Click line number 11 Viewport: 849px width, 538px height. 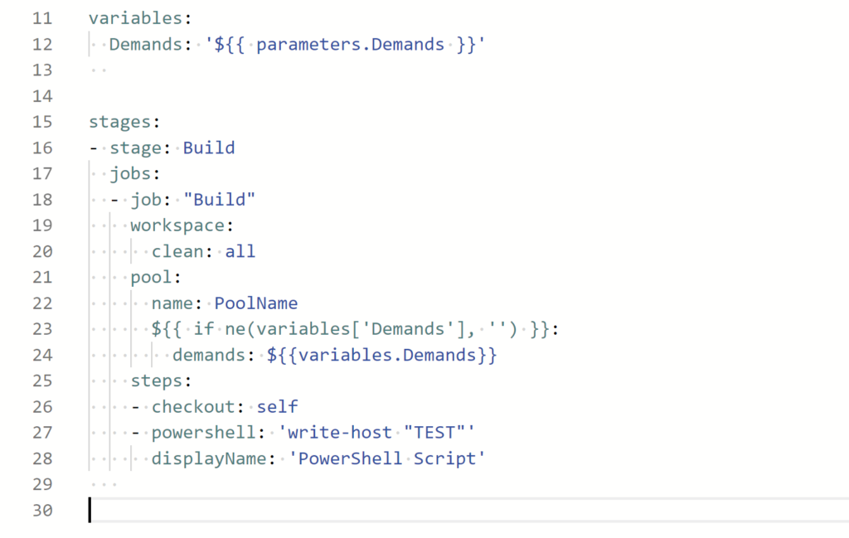pyautogui.click(x=41, y=18)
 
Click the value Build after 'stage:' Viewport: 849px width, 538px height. pyautogui.click(x=209, y=148)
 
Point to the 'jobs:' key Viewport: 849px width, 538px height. pyautogui.click(x=135, y=173)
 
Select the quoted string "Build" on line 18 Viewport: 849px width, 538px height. pyautogui.click(x=219, y=199)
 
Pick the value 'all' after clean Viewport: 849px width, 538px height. pyautogui.click(x=240, y=250)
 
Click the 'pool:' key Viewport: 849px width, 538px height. pyautogui.click(x=156, y=276)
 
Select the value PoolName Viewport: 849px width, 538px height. pyautogui.click(x=256, y=303)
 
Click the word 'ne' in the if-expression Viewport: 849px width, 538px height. pyautogui.click(x=235, y=328)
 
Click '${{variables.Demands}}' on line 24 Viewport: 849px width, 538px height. pyautogui.click(x=381, y=355)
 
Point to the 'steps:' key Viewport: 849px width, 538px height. pyautogui.click(x=161, y=380)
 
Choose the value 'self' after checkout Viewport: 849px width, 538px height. pyautogui.click(x=277, y=406)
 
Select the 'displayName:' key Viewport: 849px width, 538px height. pyautogui.click(x=208, y=458)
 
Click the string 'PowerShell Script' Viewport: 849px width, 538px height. pyautogui.click(x=386, y=458)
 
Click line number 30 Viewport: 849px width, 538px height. pyautogui.click(x=41, y=510)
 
